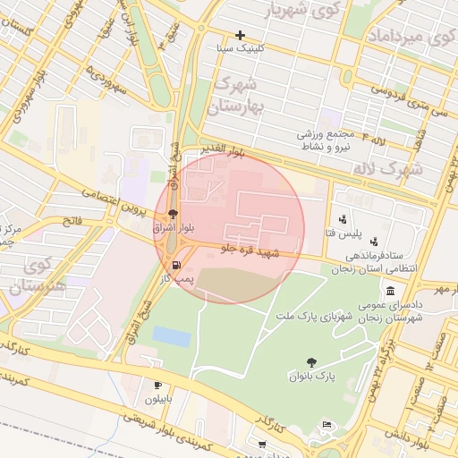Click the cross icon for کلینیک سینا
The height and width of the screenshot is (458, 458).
[x=240, y=35]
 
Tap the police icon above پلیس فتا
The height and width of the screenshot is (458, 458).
[x=343, y=219]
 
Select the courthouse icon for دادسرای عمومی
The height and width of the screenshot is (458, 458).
[x=391, y=291]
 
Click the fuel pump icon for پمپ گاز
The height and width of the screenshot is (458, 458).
[x=175, y=266]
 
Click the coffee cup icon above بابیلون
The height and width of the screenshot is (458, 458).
[x=157, y=386]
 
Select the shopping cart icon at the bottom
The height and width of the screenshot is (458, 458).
[x=261, y=445]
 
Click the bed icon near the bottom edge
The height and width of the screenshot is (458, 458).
[x=327, y=424]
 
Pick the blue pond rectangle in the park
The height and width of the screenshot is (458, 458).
[x=171, y=336]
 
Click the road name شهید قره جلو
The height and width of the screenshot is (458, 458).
[x=250, y=250]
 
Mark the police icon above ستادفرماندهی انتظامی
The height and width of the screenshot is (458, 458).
[x=373, y=241]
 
